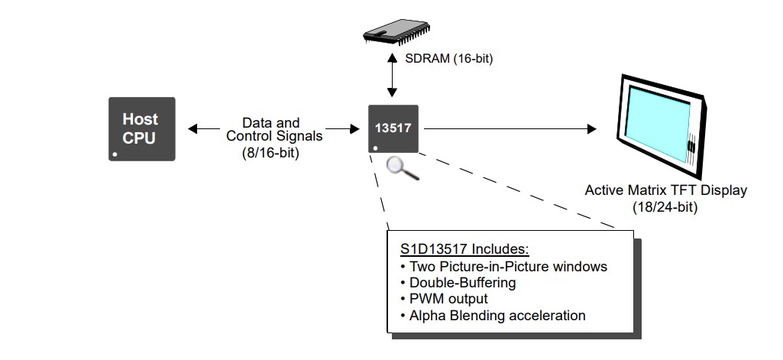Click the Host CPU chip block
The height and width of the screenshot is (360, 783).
(141, 128)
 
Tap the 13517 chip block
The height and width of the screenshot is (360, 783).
(393, 128)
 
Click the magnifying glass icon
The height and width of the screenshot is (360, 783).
(402, 167)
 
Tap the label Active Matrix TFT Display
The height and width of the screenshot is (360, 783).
(665, 190)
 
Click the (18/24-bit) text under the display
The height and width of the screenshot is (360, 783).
(665, 206)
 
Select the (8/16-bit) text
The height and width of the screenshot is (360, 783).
(270, 152)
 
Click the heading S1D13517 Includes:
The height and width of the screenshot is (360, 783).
(464, 250)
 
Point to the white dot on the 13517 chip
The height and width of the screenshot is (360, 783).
(375, 148)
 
